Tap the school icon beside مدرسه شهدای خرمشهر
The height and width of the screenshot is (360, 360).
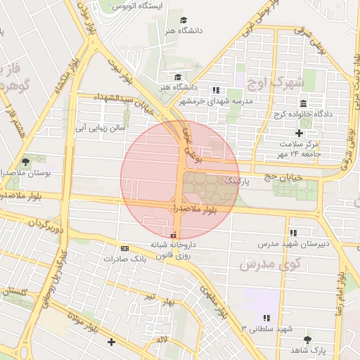[216, 90]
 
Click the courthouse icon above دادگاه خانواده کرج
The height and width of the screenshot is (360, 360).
[303, 103]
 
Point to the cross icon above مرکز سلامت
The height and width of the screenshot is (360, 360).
[300, 133]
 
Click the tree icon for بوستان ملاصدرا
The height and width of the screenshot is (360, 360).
[26, 161]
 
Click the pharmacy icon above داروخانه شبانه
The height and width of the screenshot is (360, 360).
[174, 235]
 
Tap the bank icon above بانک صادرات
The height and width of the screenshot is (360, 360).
[124, 248]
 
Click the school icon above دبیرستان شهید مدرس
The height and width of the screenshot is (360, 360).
[293, 233]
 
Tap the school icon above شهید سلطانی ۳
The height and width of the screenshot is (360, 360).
[266, 318]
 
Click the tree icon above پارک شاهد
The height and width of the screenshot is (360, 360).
[308, 339]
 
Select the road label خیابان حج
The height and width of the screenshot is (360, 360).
[283, 177]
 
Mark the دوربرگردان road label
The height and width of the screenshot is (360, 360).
[46, 226]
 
